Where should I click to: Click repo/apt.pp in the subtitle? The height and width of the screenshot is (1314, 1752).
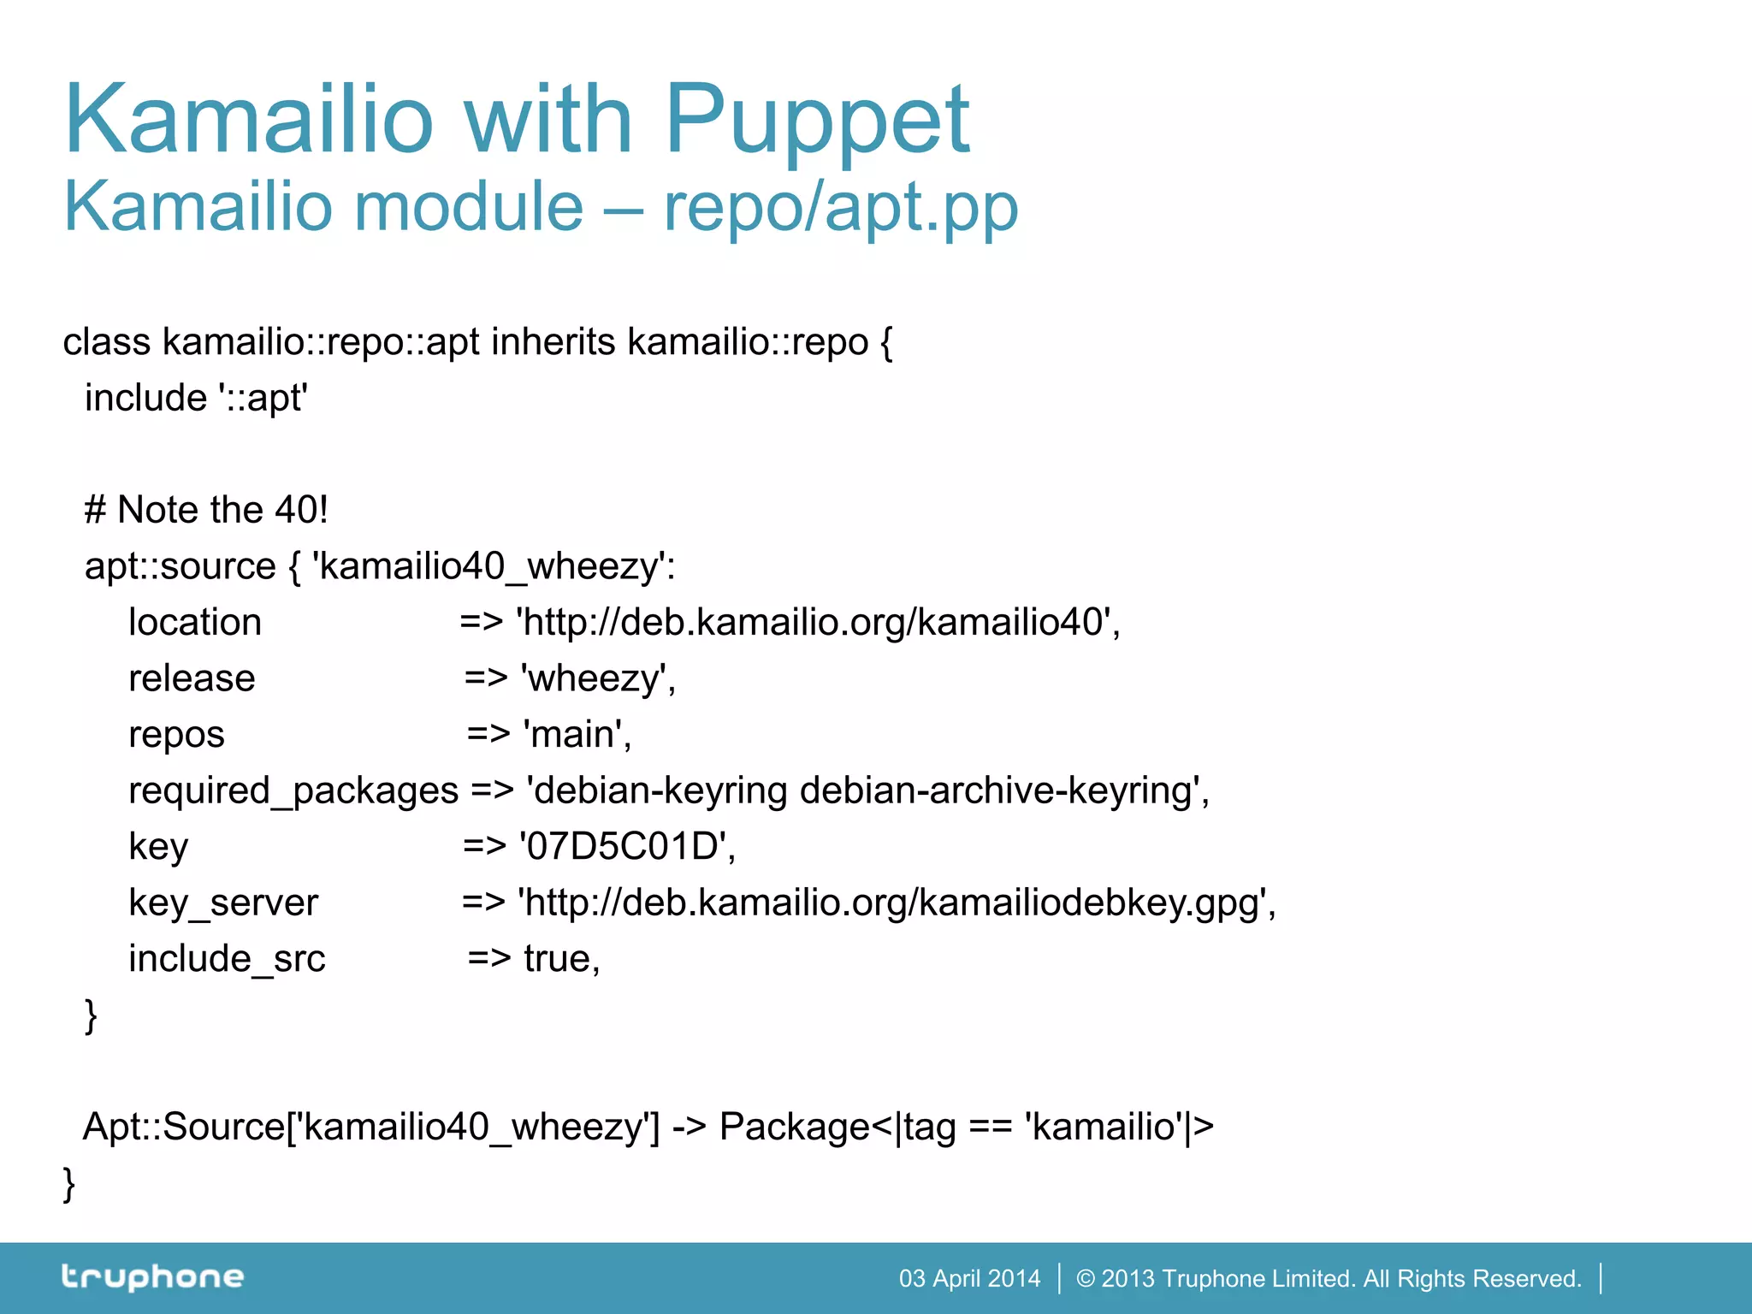click(841, 207)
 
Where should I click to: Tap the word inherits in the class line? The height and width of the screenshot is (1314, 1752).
click(553, 342)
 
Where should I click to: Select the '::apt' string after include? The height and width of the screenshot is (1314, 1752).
click(263, 398)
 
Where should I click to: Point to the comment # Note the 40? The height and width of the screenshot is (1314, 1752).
click(206, 510)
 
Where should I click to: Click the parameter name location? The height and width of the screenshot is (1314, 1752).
click(195, 622)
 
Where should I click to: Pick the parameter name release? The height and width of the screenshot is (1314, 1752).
click(192, 678)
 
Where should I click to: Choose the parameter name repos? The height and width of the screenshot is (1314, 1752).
click(176, 735)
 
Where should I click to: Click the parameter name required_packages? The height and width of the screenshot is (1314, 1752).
click(293, 791)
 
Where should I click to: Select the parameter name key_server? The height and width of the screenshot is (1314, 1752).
click(223, 903)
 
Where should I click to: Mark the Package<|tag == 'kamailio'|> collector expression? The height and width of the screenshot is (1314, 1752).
click(966, 1127)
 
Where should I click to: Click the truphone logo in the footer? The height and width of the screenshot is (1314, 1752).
click(153, 1277)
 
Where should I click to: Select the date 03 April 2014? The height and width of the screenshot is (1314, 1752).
click(969, 1279)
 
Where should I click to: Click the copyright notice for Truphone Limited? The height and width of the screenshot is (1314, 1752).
click(1329, 1279)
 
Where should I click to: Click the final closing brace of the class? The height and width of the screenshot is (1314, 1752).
click(69, 1184)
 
